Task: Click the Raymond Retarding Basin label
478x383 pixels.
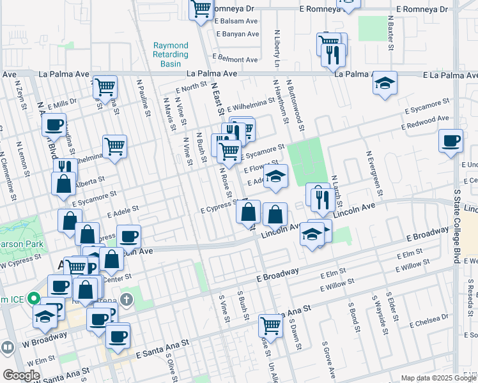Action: tap(171, 54)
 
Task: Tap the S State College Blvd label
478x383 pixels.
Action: tap(456, 217)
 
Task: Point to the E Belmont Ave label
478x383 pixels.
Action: tap(237, 59)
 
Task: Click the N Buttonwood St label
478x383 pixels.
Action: tap(293, 103)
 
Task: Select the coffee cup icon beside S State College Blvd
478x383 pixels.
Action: tap(451, 140)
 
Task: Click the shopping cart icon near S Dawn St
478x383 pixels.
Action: tap(271, 326)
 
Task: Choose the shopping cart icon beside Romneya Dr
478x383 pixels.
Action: tap(201, 9)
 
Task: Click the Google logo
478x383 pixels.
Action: tap(21, 375)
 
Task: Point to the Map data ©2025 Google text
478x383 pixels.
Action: tap(438, 378)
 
